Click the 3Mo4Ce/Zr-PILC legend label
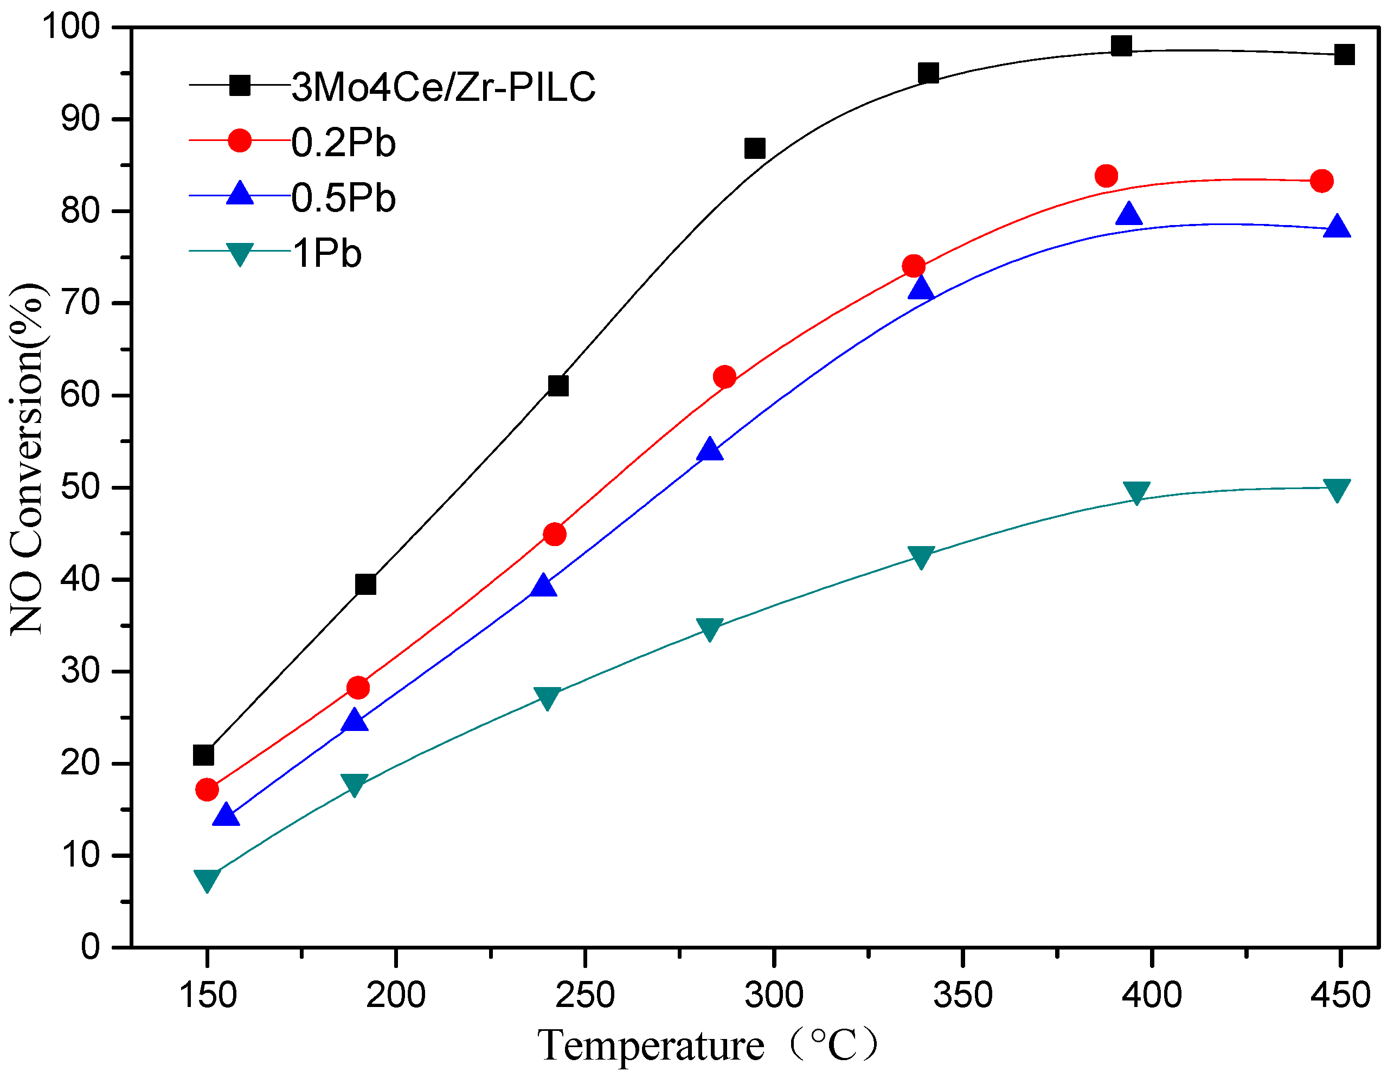click(x=444, y=87)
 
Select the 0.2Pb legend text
click(x=343, y=143)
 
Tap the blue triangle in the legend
click(x=240, y=194)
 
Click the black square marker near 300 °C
click(x=754, y=149)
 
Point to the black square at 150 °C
click(x=203, y=755)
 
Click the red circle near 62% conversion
click(x=724, y=377)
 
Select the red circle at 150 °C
click(x=207, y=790)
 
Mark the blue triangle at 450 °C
click(x=1337, y=227)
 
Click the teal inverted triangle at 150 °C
click(x=207, y=880)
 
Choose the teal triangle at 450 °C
click(x=1337, y=490)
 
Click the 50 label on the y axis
click(x=80, y=488)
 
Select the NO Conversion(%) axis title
click(x=27, y=460)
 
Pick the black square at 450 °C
click(x=1344, y=55)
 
